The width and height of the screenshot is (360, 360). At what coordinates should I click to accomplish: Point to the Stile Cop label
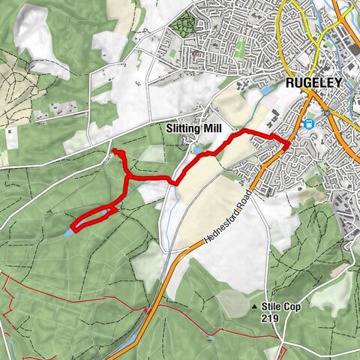click(x=280, y=306)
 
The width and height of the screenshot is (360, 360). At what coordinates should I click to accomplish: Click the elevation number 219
click(x=271, y=318)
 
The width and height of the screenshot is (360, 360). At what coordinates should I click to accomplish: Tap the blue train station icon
click(x=309, y=124)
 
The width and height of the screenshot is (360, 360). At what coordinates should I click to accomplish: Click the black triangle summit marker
click(x=255, y=307)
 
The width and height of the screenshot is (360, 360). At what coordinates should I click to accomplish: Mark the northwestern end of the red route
click(x=115, y=152)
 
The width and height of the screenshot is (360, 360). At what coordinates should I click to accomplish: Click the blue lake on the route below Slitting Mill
click(x=197, y=150)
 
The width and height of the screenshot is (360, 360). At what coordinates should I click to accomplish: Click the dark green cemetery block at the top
click(x=182, y=24)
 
